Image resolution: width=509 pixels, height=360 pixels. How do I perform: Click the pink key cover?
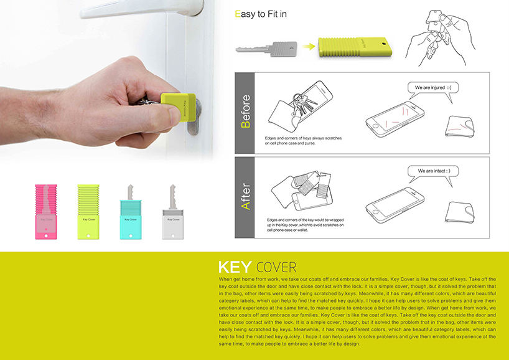[47, 212]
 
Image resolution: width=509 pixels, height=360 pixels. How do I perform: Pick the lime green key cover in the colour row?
[89, 212]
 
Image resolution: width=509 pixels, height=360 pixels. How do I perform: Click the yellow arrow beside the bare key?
[307, 46]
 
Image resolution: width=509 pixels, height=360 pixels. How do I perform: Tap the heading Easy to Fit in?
[259, 13]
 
